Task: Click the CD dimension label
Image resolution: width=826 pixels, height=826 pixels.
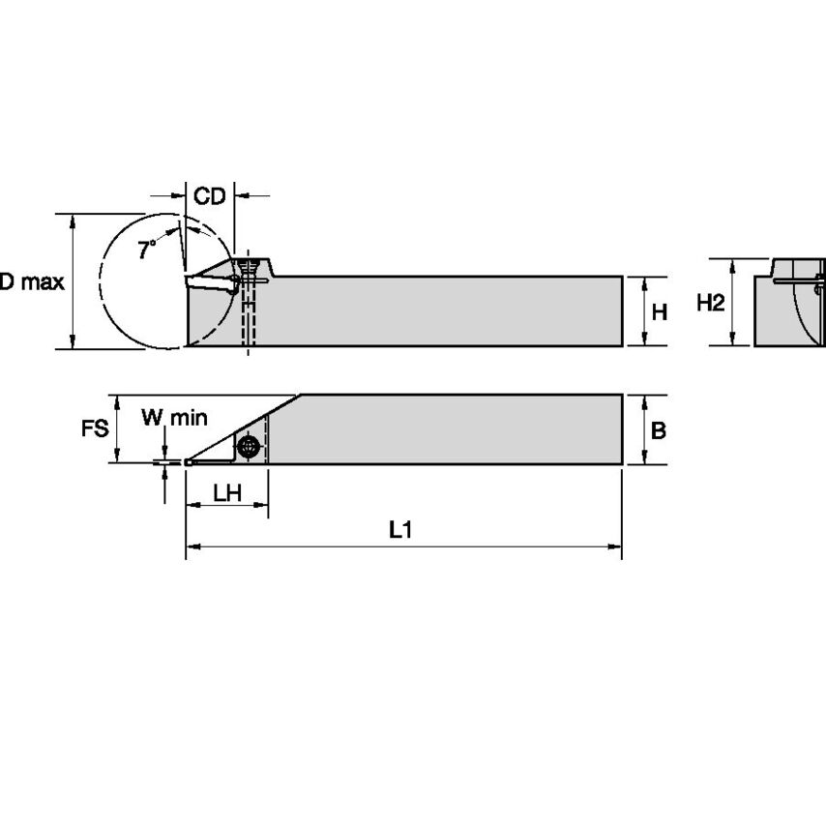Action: click(209, 196)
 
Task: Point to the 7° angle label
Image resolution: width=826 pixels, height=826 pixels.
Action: click(146, 250)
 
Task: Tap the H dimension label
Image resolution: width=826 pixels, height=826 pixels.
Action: click(659, 311)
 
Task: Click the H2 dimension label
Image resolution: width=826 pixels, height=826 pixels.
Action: click(711, 303)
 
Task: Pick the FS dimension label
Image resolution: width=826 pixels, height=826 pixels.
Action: click(94, 428)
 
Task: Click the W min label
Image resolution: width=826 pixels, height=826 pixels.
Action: click(175, 418)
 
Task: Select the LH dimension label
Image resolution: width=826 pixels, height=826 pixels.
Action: click(227, 492)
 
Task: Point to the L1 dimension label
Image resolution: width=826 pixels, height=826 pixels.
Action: click(401, 529)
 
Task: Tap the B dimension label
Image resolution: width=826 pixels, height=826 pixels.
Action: click(658, 430)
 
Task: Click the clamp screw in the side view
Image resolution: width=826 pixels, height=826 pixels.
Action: click(251, 267)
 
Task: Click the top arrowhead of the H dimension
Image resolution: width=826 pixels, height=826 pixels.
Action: click(644, 281)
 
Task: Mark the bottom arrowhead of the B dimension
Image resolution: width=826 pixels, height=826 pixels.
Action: click(644, 458)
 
